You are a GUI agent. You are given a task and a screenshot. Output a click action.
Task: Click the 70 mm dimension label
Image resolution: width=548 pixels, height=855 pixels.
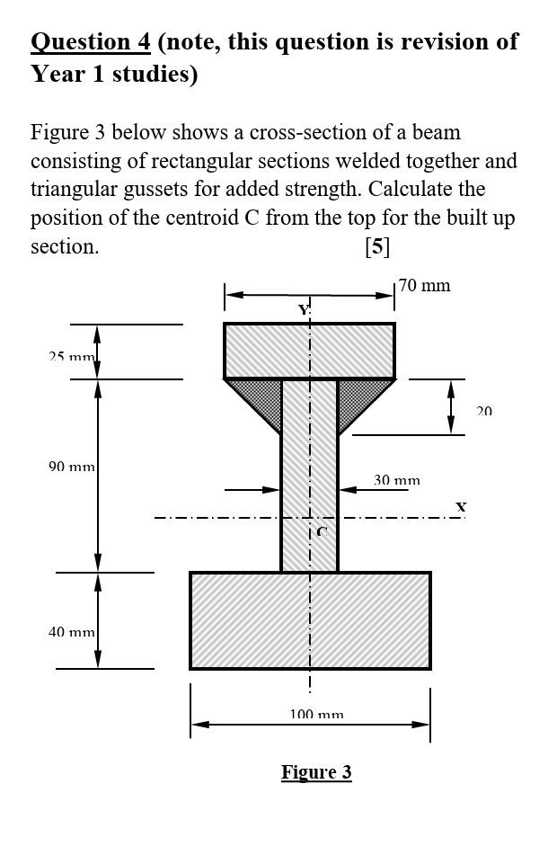pyautogui.click(x=425, y=286)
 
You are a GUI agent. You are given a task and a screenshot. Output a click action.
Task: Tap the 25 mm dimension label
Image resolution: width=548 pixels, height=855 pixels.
pyautogui.click(x=71, y=357)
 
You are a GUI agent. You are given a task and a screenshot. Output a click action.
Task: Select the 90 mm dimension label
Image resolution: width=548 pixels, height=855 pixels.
pyautogui.click(x=72, y=467)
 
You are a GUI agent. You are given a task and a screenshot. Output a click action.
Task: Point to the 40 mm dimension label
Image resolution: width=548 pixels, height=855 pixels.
pyautogui.click(x=72, y=632)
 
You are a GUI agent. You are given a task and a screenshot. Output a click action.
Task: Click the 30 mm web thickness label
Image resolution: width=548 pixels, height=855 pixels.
pyautogui.click(x=396, y=481)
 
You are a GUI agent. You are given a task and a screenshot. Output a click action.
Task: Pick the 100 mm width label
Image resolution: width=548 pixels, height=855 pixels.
pyautogui.click(x=316, y=715)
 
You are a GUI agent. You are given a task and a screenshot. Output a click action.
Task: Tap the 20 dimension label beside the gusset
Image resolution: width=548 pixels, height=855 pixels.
pyautogui.click(x=484, y=411)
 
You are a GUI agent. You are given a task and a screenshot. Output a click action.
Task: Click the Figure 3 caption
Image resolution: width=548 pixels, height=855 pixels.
pyautogui.click(x=316, y=772)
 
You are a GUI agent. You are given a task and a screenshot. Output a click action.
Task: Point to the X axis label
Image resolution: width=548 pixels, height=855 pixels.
pyautogui.click(x=461, y=507)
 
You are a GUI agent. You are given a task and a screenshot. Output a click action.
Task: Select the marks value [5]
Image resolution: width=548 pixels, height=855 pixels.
pyautogui.click(x=377, y=246)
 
